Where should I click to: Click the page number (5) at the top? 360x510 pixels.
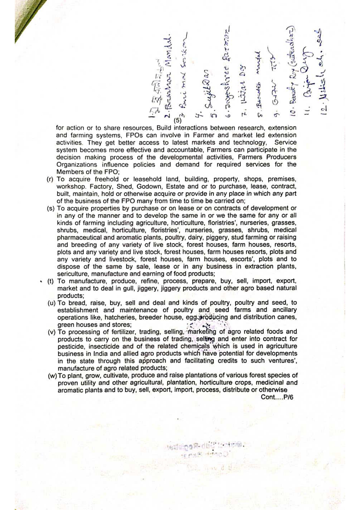177,120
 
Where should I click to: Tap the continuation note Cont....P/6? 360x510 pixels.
277,397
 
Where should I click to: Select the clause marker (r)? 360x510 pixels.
50,179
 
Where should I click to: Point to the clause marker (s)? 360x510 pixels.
51,208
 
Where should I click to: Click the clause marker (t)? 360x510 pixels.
51,281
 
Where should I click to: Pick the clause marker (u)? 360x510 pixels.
51,303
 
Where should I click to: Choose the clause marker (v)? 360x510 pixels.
51,332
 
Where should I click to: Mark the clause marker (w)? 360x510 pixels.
52,376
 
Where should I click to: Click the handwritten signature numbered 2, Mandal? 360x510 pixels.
168,78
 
